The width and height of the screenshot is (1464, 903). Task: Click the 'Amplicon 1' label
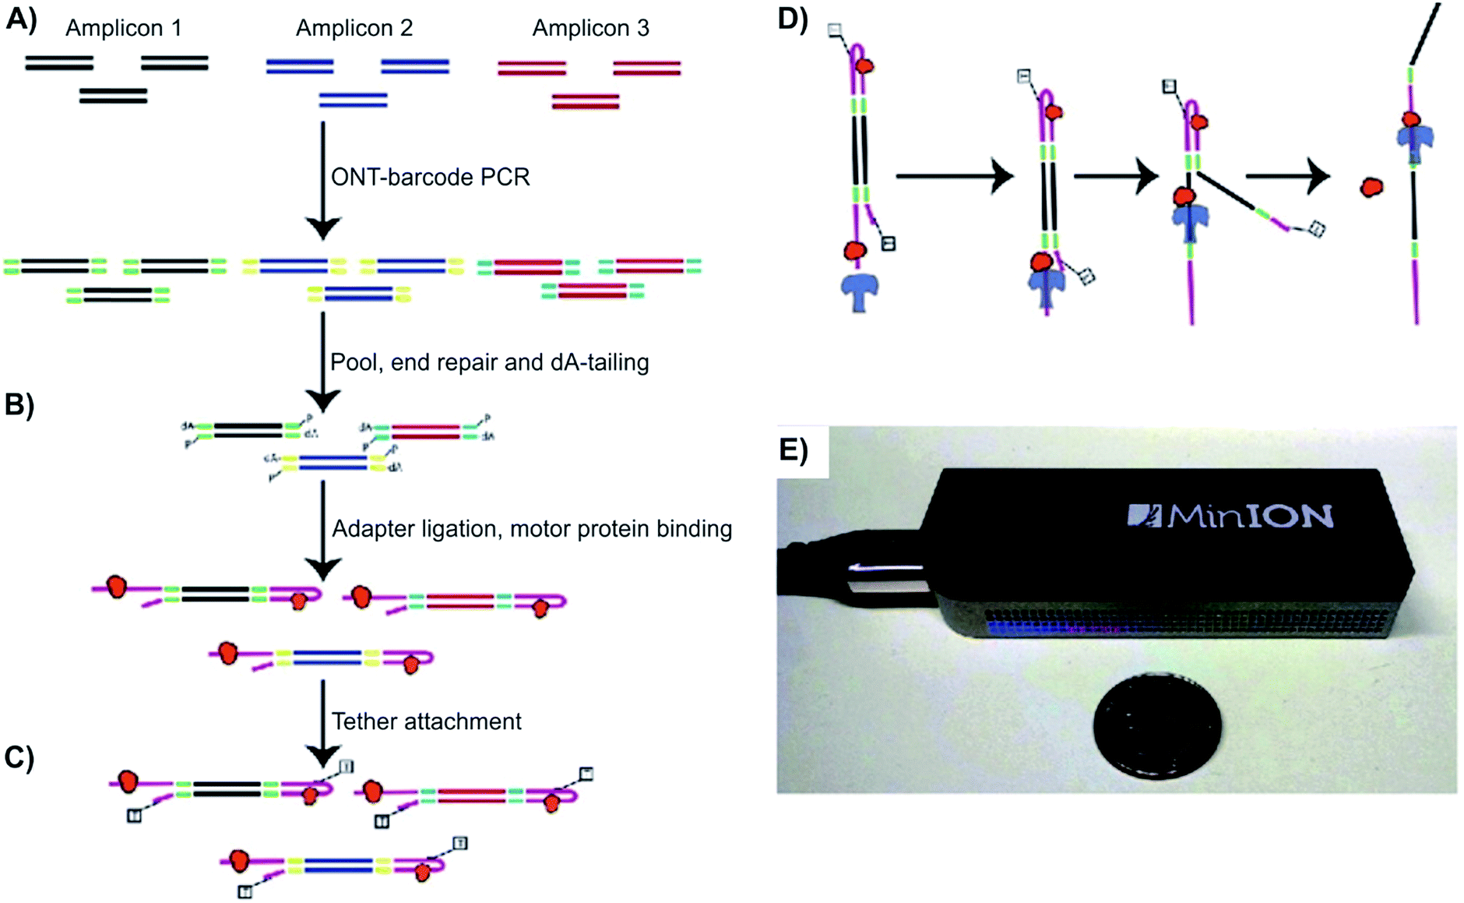coord(123,28)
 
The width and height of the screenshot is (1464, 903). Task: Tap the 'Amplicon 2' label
coord(354,28)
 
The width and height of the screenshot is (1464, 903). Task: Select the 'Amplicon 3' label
coord(590,28)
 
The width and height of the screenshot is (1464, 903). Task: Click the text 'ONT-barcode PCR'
coord(430,177)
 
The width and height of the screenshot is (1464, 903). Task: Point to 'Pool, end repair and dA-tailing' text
coord(489,362)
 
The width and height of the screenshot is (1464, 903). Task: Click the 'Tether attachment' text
coord(426,721)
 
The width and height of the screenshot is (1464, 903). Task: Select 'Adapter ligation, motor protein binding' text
coord(531,529)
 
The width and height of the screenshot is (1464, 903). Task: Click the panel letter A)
coord(21,19)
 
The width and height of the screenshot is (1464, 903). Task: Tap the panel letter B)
coord(19,404)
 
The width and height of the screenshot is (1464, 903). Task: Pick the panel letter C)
coord(19,757)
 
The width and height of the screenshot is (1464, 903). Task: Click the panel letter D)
coord(793,19)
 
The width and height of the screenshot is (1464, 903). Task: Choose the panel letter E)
coord(794,450)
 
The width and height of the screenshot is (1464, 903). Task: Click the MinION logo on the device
coord(1230,516)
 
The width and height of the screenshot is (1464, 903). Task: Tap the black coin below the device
coord(1156,725)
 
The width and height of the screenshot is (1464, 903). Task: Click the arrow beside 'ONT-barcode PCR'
coord(322,179)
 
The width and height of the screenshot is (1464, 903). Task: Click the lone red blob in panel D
coord(1371,187)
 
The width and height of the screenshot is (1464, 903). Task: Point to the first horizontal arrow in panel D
coord(953,177)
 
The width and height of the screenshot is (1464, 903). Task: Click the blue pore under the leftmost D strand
coord(860,292)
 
